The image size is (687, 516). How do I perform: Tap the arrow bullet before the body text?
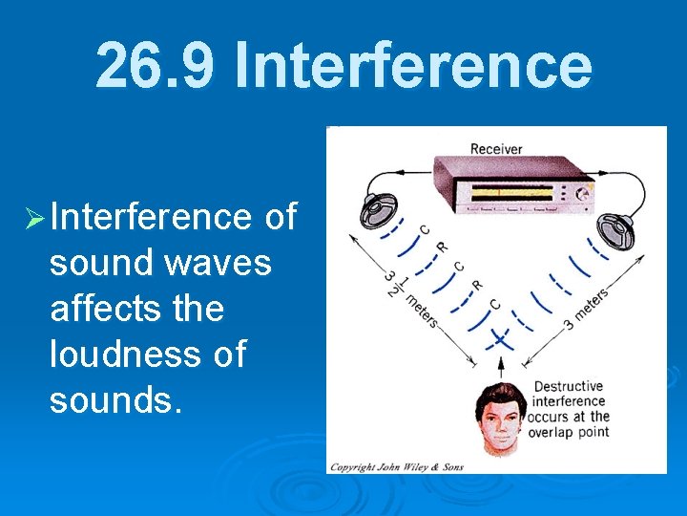coord(35,218)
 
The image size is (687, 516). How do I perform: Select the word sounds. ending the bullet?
coord(114,399)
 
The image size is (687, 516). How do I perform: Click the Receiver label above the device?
coord(496,149)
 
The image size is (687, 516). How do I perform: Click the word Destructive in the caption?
coord(568,387)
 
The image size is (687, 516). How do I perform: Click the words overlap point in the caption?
coord(571,432)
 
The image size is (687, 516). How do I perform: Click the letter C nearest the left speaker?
coord(424,229)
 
